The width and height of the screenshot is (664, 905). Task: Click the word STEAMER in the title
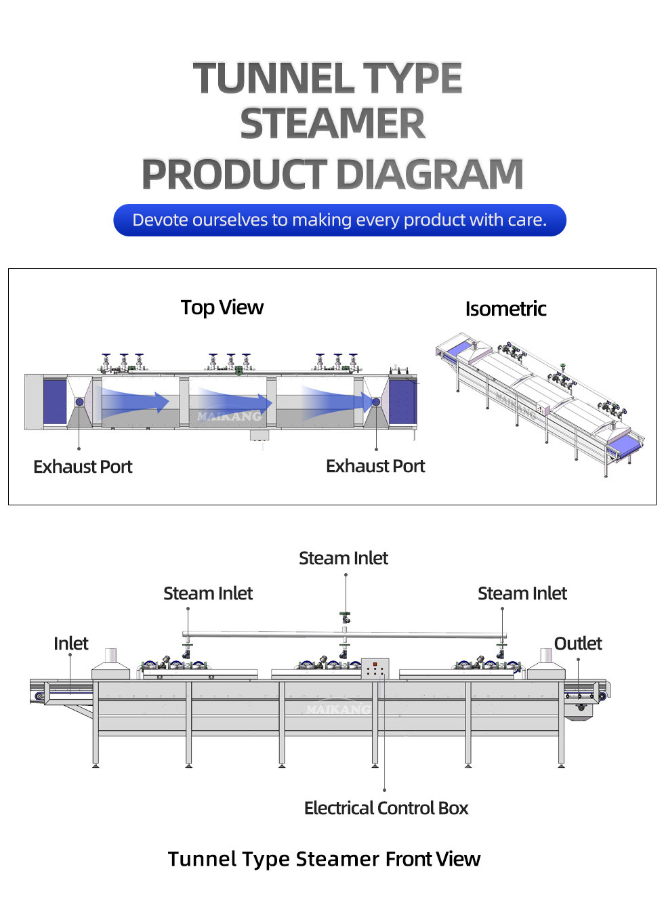click(x=332, y=125)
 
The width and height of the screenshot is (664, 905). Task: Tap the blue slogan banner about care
click(x=339, y=220)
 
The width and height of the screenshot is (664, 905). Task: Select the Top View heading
click(x=222, y=308)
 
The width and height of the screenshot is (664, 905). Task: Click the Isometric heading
click(x=505, y=309)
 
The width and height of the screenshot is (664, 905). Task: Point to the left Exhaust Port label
click(x=83, y=467)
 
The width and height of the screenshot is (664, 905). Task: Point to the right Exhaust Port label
click(x=375, y=466)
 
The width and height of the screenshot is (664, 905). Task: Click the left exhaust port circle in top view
click(x=79, y=402)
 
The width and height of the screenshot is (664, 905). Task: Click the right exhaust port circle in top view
click(x=376, y=402)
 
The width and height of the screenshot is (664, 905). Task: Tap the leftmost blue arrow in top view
click(x=136, y=402)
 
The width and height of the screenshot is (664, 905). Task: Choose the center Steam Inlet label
click(x=344, y=558)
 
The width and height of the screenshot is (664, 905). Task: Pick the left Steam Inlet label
click(x=208, y=593)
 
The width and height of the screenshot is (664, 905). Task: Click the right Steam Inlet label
click(x=522, y=593)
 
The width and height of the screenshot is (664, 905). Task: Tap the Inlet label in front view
click(x=71, y=644)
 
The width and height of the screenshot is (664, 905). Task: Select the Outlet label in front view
click(x=578, y=644)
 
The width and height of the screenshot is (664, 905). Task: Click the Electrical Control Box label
click(x=386, y=808)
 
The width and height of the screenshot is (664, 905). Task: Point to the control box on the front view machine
click(x=375, y=669)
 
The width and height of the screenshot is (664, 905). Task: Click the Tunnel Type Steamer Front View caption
click(x=324, y=859)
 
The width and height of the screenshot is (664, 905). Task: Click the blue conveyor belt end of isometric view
click(x=623, y=444)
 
